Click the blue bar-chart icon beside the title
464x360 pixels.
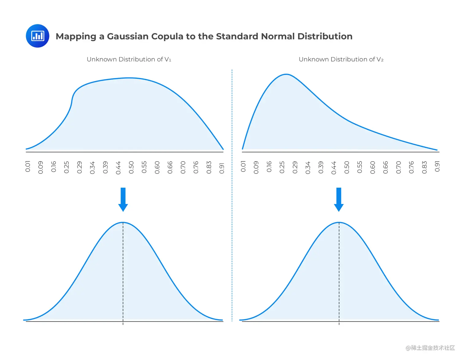(37, 36)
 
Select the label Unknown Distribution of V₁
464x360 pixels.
(129, 59)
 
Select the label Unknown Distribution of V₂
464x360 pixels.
(341, 59)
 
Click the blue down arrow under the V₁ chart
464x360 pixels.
(123, 199)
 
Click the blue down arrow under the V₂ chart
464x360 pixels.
(339, 199)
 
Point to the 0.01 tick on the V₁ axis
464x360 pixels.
(28, 166)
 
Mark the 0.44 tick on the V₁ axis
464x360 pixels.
(118, 168)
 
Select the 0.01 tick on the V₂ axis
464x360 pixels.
(243, 166)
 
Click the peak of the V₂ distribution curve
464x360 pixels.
(286, 74)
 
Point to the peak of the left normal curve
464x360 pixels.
(123, 222)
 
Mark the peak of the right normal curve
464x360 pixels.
(339, 222)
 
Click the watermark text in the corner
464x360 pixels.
(430, 348)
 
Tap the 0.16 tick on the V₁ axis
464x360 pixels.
(54, 167)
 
